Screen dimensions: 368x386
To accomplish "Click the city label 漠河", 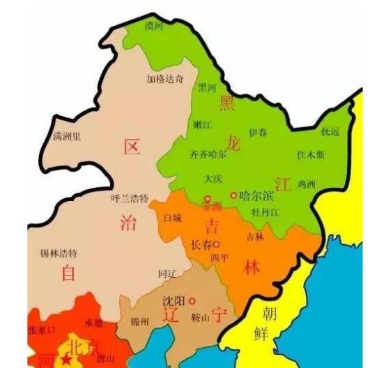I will tap(155, 26).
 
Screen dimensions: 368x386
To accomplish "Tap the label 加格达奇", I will tap(165, 79).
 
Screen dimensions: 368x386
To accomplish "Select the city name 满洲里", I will tap(67, 136).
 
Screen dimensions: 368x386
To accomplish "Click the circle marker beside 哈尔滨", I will tap(233, 195).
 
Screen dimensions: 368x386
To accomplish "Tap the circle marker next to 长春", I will tap(217, 245).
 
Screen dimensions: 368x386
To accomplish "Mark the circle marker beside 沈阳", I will tap(192, 301).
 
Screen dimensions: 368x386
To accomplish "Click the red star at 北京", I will tap(65, 360).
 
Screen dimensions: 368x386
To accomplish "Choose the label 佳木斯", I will tap(311, 154).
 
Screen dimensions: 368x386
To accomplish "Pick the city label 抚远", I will tap(330, 131).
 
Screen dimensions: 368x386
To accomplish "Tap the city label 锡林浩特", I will tap(59, 253).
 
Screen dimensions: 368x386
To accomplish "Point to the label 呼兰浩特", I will tap(130, 198).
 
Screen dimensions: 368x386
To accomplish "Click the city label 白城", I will tap(171, 218).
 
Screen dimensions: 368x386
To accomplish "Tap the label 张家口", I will tap(40, 329).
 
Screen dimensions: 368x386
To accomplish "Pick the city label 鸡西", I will tap(307, 184).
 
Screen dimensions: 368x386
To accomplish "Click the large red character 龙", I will tap(233, 144).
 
